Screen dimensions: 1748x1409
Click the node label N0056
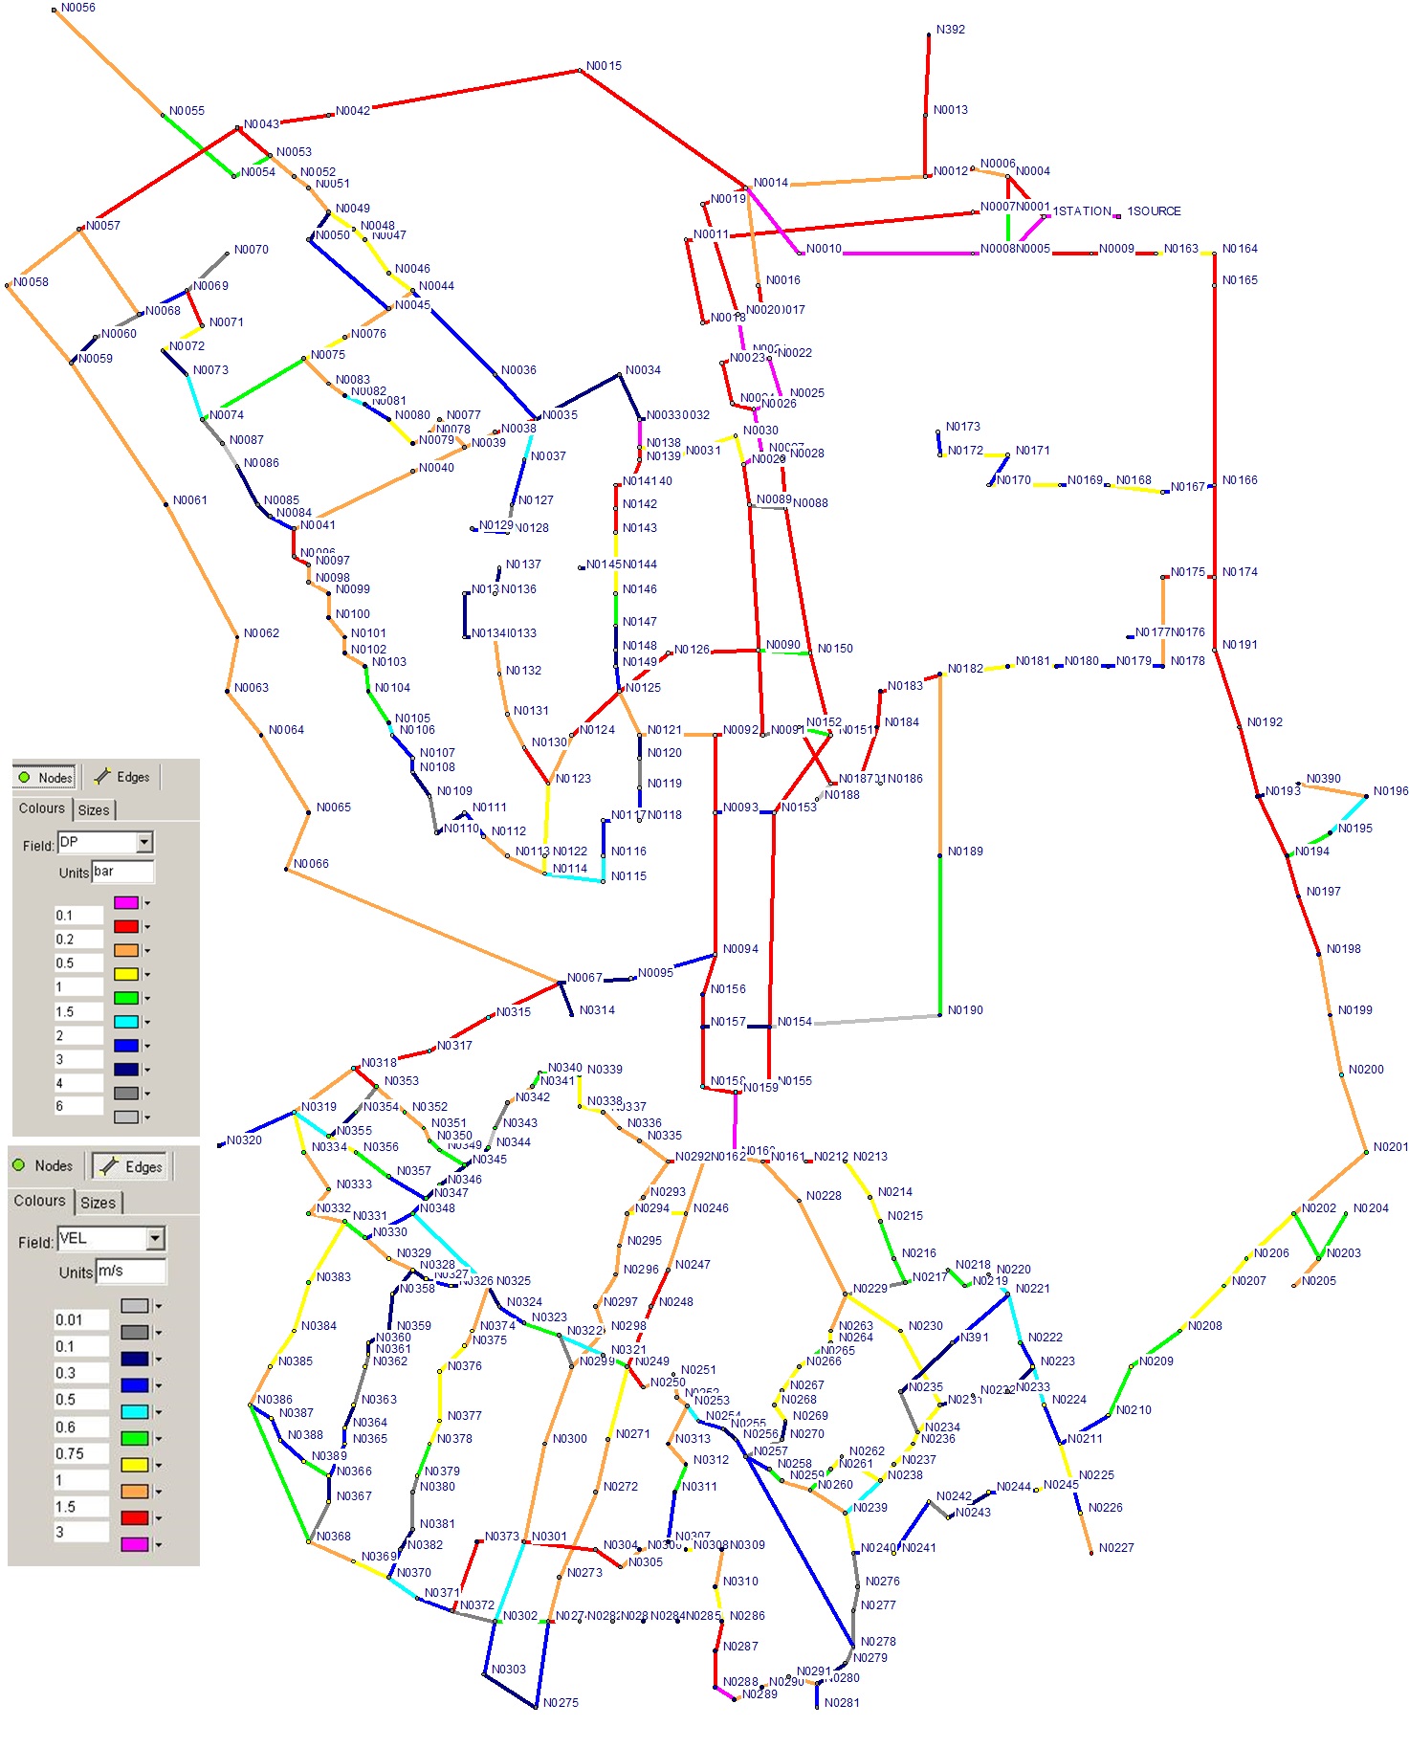(x=77, y=8)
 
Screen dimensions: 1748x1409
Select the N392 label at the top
(x=950, y=30)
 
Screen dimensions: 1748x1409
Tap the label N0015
(x=604, y=66)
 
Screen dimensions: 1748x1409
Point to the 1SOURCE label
(x=1154, y=211)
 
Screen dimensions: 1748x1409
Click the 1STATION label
(x=1082, y=211)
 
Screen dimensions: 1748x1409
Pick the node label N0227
(x=1115, y=1547)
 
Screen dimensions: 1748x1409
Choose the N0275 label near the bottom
(x=561, y=1703)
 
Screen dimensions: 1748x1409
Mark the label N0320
(x=244, y=1140)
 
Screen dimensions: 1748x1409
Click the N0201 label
(x=1390, y=1147)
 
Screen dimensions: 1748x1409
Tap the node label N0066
(x=311, y=864)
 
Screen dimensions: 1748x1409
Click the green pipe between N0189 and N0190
(x=939, y=933)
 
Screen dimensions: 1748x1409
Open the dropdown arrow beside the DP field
(x=144, y=842)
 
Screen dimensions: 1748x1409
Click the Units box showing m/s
(x=131, y=1272)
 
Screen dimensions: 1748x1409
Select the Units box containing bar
(x=122, y=872)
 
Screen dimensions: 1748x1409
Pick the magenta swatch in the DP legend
(x=125, y=902)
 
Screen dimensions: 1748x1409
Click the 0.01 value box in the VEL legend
(x=81, y=1320)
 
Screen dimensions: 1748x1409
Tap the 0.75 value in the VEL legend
(x=81, y=1453)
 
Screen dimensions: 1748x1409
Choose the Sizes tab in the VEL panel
(x=98, y=1203)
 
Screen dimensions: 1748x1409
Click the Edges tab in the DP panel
(x=123, y=777)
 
